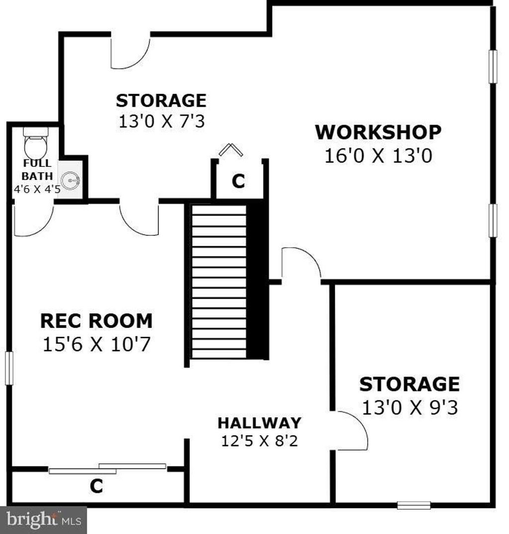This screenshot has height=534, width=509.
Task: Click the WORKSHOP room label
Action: coord(378,132)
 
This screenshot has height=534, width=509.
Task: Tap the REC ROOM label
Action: coord(96,321)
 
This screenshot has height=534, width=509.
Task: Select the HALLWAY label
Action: coord(259,423)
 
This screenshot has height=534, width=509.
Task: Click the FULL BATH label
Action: coord(37,169)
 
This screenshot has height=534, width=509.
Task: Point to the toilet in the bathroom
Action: coord(35,143)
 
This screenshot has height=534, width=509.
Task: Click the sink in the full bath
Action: coord(70,180)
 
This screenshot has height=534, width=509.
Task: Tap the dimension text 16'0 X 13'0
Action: coord(378,156)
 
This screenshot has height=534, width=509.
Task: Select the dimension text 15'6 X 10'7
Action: coord(96,344)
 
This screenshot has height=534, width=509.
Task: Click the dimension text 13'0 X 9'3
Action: coord(410,407)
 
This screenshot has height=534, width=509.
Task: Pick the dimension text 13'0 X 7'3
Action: coord(162,121)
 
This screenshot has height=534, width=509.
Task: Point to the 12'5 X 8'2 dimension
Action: coord(259,441)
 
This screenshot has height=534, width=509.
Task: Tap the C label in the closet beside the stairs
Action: coord(238,181)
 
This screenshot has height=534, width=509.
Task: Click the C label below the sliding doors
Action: coord(96,486)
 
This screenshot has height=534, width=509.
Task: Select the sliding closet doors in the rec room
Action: coord(107,468)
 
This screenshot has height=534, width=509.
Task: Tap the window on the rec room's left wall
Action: coord(9,368)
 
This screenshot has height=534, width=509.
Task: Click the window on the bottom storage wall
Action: coord(414,505)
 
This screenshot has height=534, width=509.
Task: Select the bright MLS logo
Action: coord(44,520)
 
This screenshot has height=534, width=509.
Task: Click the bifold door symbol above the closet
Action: coord(231,150)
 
